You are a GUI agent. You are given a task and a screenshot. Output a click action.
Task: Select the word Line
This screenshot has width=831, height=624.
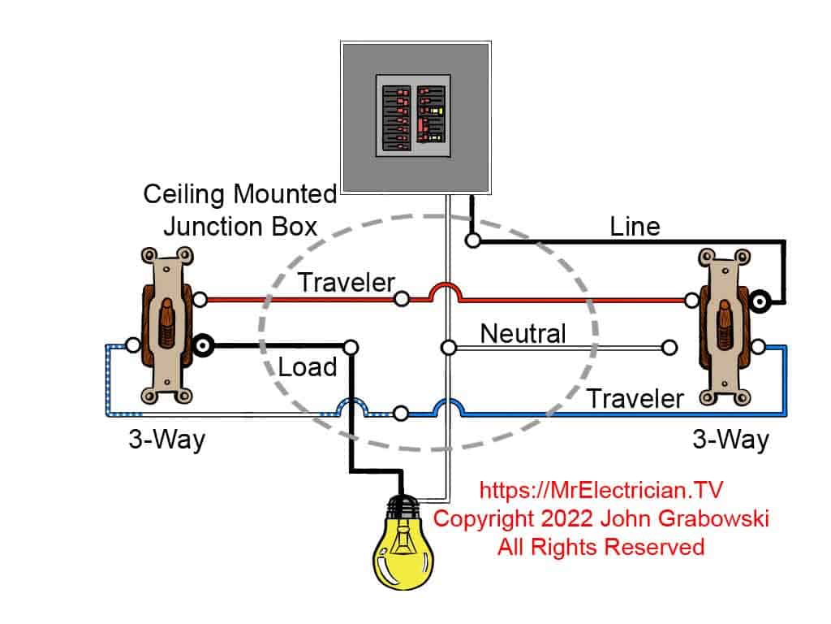(x=635, y=226)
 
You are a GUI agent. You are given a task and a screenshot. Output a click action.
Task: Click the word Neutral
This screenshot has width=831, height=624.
(x=523, y=333)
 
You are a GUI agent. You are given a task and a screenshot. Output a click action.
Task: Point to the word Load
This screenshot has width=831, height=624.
(x=307, y=366)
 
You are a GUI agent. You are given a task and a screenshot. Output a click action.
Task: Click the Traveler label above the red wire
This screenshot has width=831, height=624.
(x=346, y=283)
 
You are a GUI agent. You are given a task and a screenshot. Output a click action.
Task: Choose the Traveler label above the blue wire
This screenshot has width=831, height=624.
(x=635, y=398)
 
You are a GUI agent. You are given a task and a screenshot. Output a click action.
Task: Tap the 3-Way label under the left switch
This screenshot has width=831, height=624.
(x=166, y=440)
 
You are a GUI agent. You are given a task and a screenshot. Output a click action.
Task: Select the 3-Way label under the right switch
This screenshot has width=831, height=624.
(x=730, y=440)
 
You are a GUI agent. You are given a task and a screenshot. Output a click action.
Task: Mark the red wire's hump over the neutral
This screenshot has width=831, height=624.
(x=446, y=289)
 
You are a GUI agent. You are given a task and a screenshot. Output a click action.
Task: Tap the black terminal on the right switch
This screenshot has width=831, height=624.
(x=760, y=301)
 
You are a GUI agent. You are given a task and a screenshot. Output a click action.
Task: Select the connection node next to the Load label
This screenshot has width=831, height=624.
(x=351, y=347)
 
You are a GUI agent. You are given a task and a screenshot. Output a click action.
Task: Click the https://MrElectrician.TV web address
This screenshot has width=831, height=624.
(x=601, y=490)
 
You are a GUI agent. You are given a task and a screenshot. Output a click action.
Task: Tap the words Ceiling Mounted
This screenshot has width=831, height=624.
(x=239, y=194)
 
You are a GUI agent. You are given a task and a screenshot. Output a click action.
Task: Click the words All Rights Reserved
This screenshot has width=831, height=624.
(x=601, y=547)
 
